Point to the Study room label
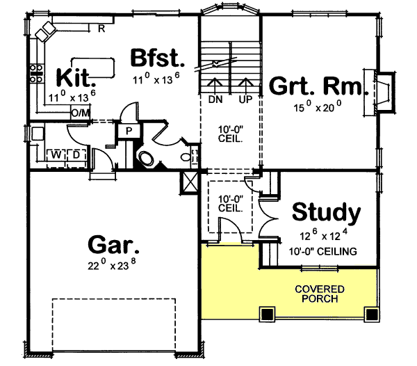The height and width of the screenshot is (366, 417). (326, 212)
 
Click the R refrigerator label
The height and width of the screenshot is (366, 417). (101, 28)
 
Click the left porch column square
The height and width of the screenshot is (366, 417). (265, 313)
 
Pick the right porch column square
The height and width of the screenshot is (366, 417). (366, 313)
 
